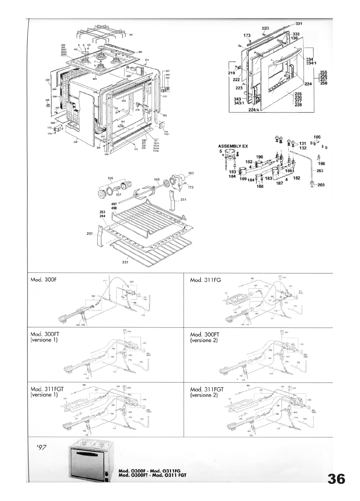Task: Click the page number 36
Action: coord(336,479)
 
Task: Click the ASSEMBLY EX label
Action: coord(233,146)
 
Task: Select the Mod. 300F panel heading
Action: coord(44,280)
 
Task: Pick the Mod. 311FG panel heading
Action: coord(206,280)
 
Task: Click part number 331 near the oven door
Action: coord(299,23)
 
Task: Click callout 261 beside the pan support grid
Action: coord(131,34)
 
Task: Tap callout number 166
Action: coord(321,164)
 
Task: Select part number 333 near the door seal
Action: coord(296,34)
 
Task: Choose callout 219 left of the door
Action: coord(231,73)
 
